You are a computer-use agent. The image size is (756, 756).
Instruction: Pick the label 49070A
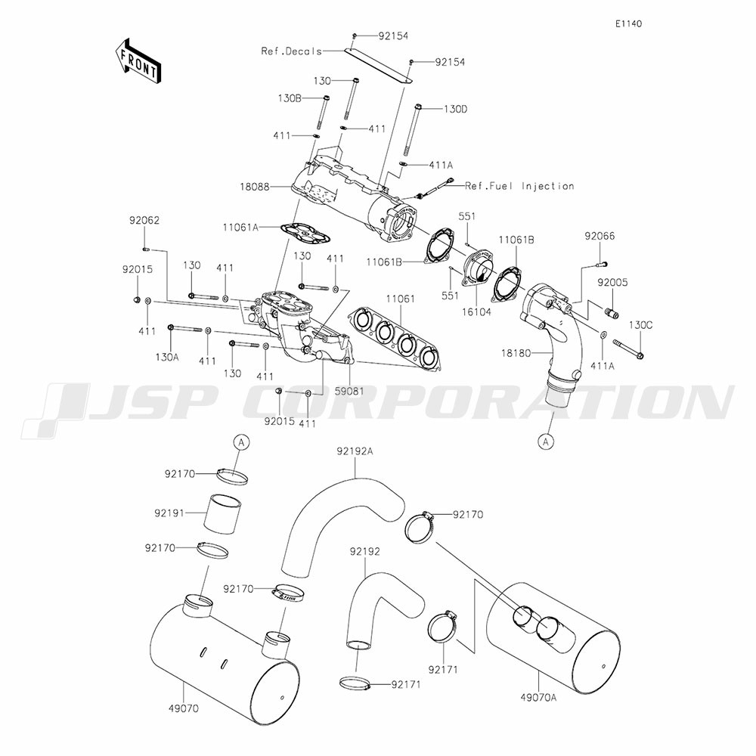[540, 697]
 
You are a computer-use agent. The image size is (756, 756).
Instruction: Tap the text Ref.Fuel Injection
[519, 186]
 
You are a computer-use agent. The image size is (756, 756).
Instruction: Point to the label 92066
[600, 237]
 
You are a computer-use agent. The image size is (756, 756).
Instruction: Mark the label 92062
[144, 221]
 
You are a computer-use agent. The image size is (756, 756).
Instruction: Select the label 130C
[640, 324]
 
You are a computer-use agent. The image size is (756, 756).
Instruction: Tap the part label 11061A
[241, 226]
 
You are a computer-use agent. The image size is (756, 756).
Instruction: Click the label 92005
[612, 282]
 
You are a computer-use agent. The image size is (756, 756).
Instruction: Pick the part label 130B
[290, 98]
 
